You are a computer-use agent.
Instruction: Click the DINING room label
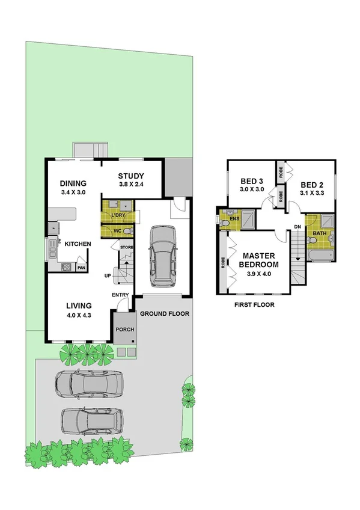pos(73,184)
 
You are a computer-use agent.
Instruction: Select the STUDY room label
pos(130,176)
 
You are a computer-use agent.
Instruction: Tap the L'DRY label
pos(117,214)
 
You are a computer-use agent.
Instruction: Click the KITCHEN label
pos(78,244)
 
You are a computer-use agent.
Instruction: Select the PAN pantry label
pos(81,268)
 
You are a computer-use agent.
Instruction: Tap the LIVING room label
pos(78,305)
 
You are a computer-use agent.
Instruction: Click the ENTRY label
pos(120,294)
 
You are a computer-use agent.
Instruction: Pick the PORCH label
pos(125,330)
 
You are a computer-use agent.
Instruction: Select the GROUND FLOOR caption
pos(165,314)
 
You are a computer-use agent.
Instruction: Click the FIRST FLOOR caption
pos(254,305)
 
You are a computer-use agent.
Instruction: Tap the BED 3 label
pos(252,181)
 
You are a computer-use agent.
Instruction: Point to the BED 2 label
pos(311,185)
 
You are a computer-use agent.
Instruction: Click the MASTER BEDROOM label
pos(259,260)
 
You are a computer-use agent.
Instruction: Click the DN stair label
pos(297,227)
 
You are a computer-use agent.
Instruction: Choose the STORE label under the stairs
pos(126,247)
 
